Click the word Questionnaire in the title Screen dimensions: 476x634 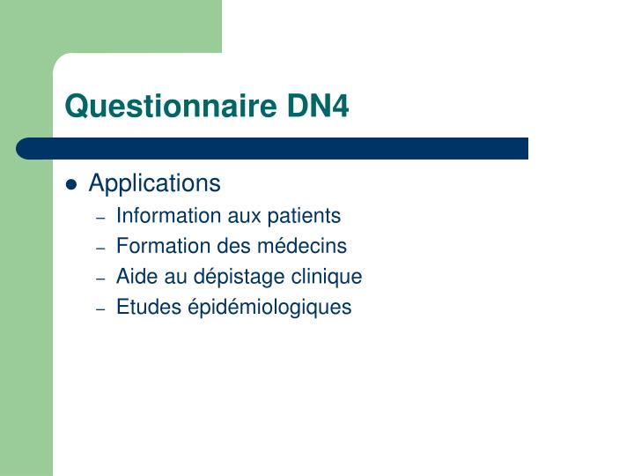click(x=172, y=107)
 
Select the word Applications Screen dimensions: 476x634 click(x=155, y=183)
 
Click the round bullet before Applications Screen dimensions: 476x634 click(x=72, y=185)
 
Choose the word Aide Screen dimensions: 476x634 click(x=135, y=277)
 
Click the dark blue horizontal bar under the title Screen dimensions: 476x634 click(x=273, y=148)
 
